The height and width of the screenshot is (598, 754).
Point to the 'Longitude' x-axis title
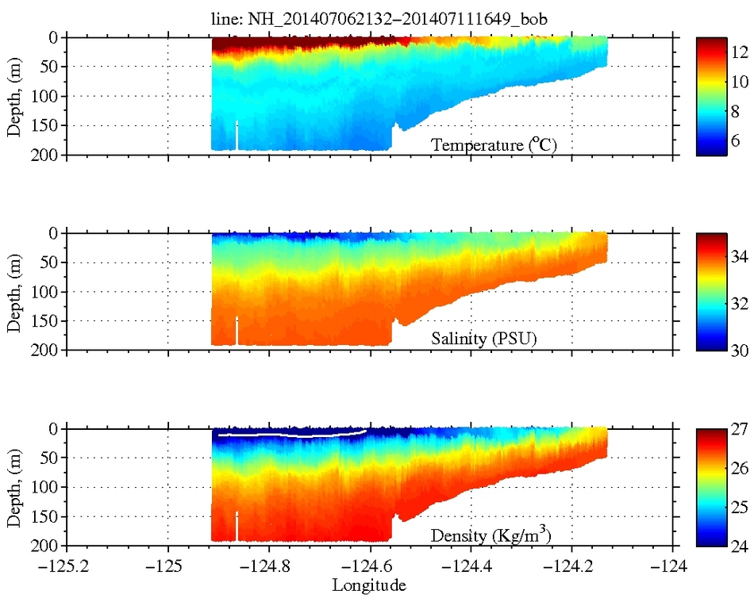(x=370, y=586)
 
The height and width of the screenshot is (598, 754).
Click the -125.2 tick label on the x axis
(x=67, y=568)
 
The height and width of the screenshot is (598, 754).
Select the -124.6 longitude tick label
(x=371, y=568)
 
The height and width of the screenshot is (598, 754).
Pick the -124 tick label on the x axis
(x=673, y=568)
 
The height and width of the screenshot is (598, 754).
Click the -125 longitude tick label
(x=168, y=568)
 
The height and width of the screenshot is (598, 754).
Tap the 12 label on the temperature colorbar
(x=740, y=52)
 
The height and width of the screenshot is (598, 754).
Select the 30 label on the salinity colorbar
(x=740, y=349)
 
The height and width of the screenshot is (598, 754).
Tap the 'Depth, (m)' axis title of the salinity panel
(x=14, y=291)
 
